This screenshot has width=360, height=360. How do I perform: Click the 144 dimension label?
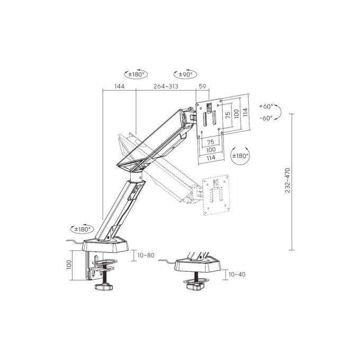[120, 86]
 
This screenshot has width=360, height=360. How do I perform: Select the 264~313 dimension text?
[166, 86]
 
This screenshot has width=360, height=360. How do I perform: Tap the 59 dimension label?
[202, 86]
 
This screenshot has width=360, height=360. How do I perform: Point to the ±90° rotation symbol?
[185, 74]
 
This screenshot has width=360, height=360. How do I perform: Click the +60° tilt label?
[266, 106]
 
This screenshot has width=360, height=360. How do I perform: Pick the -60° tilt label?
[266, 118]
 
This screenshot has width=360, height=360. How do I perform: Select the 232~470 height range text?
[287, 180]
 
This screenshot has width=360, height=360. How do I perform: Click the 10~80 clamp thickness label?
[146, 255]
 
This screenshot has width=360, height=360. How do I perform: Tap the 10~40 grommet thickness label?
[237, 274]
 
